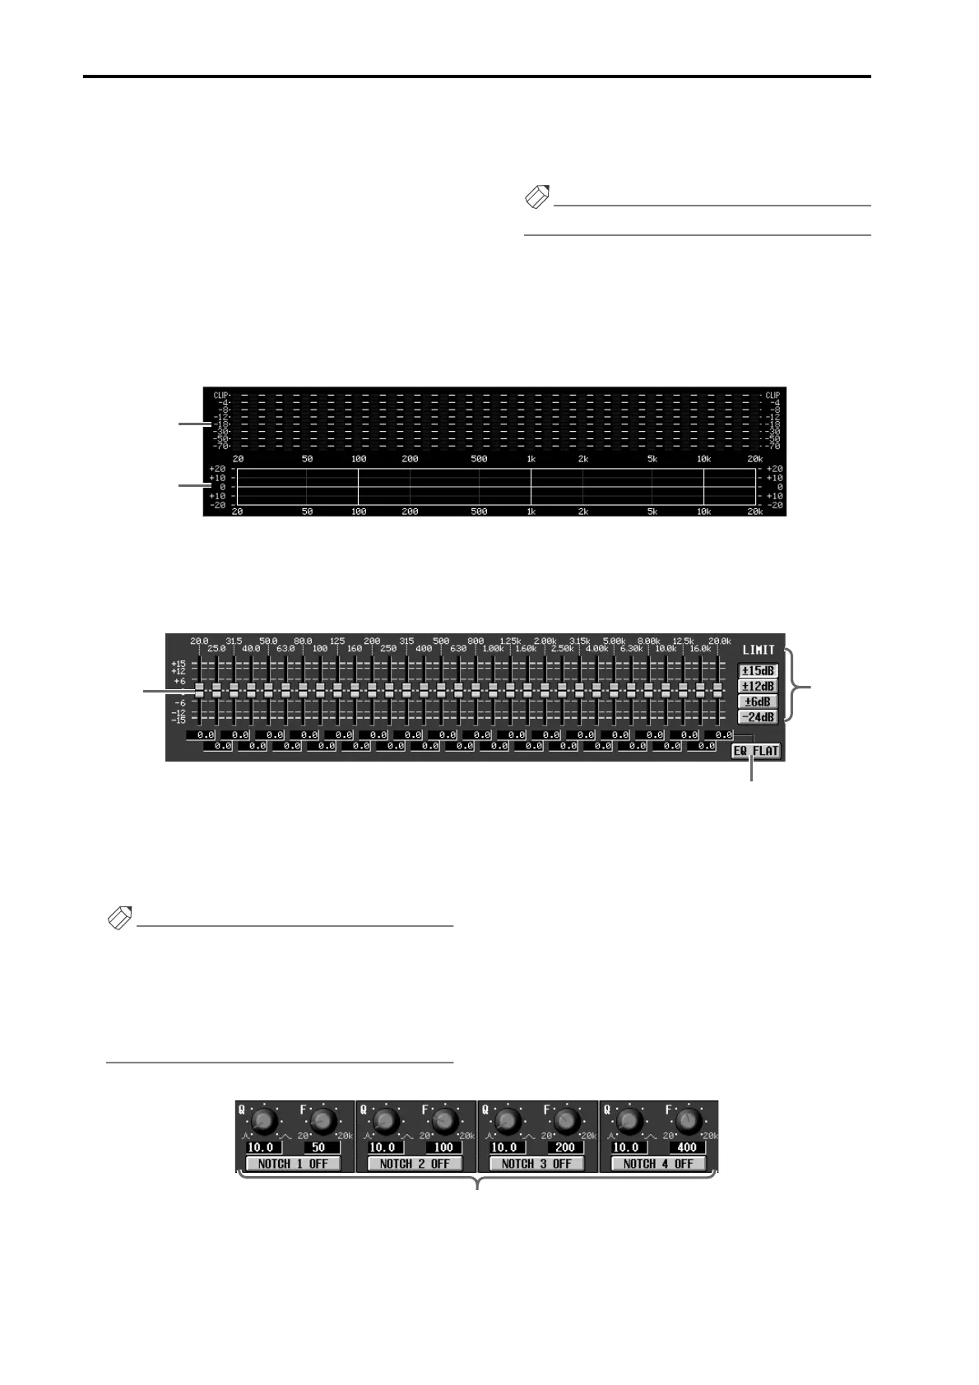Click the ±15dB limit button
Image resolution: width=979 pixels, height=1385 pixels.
click(x=758, y=671)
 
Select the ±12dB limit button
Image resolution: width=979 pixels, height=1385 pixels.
click(x=758, y=686)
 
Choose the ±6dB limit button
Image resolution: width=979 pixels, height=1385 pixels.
click(x=758, y=702)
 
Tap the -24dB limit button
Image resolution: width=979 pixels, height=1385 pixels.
click(x=758, y=716)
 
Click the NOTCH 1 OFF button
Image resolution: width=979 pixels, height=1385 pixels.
click(x=293, y=1164)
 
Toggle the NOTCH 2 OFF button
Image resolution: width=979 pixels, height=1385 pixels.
click(x=415, y=1164)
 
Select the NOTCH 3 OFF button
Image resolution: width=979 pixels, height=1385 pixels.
click(x=536, y=1164)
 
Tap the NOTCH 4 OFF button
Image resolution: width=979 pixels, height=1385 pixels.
click(x=658, y=1164)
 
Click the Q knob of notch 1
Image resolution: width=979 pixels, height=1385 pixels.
click(x=263, y=1121)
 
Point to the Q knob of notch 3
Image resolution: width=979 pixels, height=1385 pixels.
click(x=508, y=1121)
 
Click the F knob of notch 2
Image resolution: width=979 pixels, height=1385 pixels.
click(x=445, y=1121)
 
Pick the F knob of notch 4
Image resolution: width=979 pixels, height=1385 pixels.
click(x=689, y=1121)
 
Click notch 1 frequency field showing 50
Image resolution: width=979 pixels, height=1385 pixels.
click(x=322, y=1147)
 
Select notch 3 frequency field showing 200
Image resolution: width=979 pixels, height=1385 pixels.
click(x=566, y=1147)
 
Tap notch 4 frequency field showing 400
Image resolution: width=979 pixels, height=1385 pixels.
click(x=688, y=1147)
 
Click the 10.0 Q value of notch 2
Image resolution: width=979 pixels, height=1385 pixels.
click(x=384, y=1147)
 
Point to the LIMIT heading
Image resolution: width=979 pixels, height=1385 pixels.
click(x=758, y=650)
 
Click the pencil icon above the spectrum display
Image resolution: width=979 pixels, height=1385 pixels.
click(x=536, y=198)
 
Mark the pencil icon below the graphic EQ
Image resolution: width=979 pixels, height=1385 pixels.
click(x=120, y=919)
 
